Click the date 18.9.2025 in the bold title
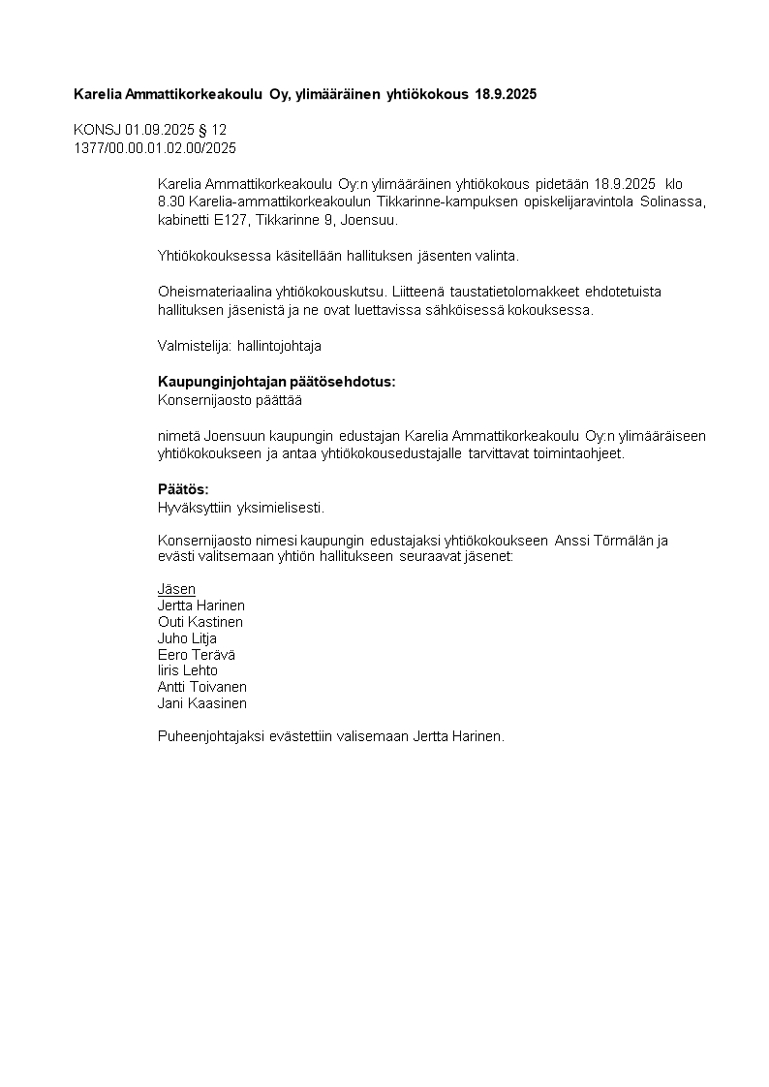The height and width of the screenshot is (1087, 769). click(506, 94)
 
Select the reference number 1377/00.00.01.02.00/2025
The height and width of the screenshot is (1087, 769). click(155, 148)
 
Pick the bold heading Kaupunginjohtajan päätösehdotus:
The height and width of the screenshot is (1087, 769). click(276, 382)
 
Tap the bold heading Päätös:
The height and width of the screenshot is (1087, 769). click(183, 489)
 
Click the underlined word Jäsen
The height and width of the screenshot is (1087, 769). click(176, 589)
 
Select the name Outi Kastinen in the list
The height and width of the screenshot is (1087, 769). click(200, 622)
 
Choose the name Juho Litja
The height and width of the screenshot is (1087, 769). click(187, 638)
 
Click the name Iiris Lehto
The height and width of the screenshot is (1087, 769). click(188, 670)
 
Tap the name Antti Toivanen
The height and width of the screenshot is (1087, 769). click(202, 687)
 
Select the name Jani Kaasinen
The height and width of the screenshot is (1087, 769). click(202, 703)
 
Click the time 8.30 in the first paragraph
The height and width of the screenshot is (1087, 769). click(171, 202)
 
